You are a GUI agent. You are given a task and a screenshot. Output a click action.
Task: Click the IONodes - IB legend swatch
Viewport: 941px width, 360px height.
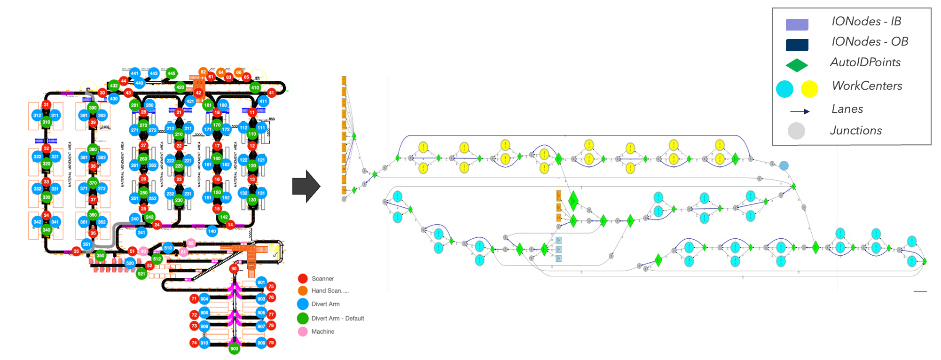click(797, 24)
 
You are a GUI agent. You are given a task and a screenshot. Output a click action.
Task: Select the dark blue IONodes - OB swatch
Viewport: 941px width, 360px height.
click(797, 45)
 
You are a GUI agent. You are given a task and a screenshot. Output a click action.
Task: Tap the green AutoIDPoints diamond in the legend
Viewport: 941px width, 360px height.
click(797, 65)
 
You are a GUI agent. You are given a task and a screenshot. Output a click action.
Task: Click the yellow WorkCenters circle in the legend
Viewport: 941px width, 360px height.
click(809, 89)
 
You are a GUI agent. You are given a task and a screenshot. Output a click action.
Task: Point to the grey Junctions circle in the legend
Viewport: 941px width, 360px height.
click(796, 131)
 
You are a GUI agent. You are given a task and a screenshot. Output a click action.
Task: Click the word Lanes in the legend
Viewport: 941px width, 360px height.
click(847, 109)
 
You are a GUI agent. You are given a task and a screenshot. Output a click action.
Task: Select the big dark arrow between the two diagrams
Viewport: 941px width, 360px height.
click(306, 186)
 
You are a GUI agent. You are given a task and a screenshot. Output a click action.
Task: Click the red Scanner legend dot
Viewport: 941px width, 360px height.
click(303, 279)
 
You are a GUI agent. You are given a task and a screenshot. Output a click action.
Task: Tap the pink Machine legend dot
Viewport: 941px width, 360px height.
click(303, 332)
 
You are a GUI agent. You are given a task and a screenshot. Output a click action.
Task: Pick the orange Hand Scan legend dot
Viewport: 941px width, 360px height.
click(303, 291)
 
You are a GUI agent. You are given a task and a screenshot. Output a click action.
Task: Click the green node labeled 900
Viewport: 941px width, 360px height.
click(234, 349)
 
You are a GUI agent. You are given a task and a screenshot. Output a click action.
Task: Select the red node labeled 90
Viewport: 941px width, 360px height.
click(234, 269)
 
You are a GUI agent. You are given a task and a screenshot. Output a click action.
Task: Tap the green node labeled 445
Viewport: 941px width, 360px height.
click(172, 73)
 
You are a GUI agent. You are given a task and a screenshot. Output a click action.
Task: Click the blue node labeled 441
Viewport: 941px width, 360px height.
click(135, 73)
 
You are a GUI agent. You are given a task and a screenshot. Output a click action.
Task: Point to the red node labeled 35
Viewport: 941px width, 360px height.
click(76, 251)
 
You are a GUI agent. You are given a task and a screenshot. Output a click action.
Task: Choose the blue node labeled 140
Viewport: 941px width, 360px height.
click(212, 231)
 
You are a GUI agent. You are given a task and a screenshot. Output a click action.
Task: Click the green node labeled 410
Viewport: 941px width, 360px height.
click(255, 87)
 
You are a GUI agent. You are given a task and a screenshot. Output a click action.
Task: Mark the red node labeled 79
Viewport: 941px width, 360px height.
click(271, 343)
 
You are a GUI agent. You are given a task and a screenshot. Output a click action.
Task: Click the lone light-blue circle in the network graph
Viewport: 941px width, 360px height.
click(784, 165)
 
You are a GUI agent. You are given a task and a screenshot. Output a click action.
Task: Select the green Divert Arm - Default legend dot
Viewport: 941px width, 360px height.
click(303, 319)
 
